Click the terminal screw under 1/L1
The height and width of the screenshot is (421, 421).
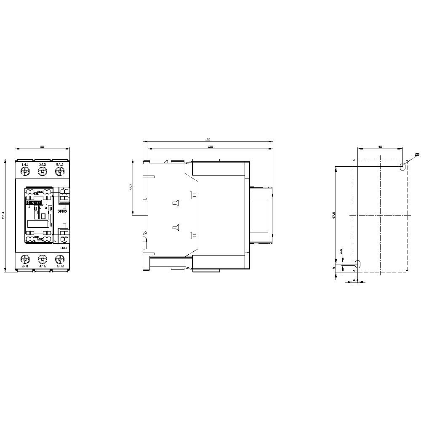(x=24, y=171)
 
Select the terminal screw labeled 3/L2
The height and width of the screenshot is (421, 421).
(x=42, y=171)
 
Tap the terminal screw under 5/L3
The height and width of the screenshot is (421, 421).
(x=59, y=171)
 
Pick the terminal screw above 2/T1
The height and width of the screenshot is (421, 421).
(x=24, y=259)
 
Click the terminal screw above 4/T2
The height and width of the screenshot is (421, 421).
(x=42, y=259)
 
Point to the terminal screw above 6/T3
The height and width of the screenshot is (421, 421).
(x=59, y=259)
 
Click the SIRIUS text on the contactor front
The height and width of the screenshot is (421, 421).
(x=62, y=211)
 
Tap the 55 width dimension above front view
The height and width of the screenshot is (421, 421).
(x=42, y=147)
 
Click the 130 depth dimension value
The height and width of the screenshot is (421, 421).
(x=208, y=140)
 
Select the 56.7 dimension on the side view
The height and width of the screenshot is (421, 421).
(x=131, y=187)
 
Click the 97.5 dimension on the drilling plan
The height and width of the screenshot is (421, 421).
(x=334, y=215)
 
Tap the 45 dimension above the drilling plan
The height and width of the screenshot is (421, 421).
(x=380, y=147)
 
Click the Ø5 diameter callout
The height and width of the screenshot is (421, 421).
(x=417, y=155)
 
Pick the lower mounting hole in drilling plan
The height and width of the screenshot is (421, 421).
(x=358, y=264)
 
